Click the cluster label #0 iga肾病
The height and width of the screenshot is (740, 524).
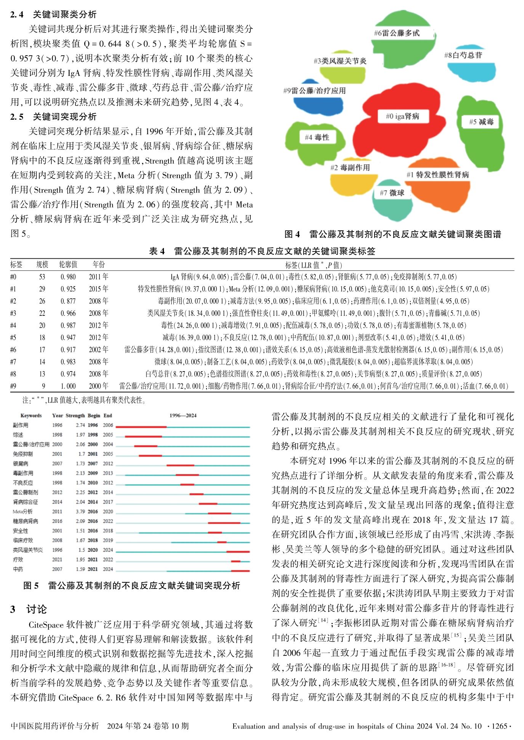[402, 116]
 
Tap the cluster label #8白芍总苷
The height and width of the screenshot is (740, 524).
[463, 55]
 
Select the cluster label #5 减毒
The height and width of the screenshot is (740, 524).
[481, 122]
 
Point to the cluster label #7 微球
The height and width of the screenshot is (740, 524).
[392, 193]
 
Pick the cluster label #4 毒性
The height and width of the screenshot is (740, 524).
[317, 137]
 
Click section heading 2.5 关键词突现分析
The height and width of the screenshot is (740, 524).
[53, 117]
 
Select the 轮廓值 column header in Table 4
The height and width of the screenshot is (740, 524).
[68, 264]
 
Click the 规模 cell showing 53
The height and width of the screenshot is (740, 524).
[42, 277]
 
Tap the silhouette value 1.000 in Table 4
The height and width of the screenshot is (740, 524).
[68, 386]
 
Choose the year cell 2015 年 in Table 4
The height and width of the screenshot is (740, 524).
[99, 289]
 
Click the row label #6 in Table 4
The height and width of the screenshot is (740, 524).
[13, 349]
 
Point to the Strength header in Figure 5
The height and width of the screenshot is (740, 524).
[75, 415]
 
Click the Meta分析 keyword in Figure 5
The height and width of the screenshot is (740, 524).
[22, 512]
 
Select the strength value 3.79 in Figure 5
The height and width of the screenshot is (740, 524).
[80, 512]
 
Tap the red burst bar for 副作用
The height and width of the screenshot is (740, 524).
[141, 427]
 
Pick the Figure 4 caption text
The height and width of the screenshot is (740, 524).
[393, 234]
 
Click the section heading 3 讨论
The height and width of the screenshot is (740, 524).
[29, 609]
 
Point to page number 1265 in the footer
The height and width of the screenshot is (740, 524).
[499, 726]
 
